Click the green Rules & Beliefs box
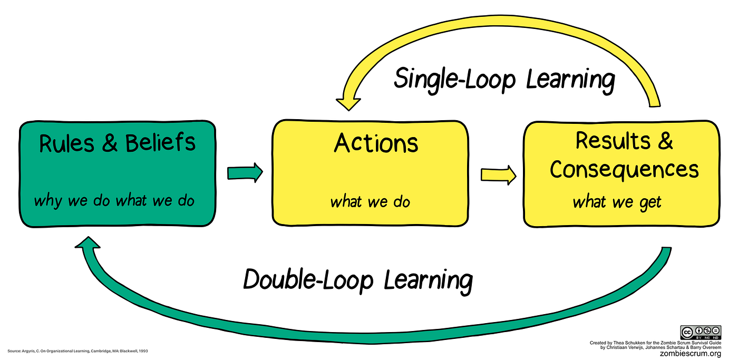pos(117,174)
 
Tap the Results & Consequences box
pos(622,174)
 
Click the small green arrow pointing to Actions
pos(245,172)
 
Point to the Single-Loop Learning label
pos(504,80)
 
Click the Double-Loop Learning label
pos(357,279)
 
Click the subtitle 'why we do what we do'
pos(114,201)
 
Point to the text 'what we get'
pos(617,202)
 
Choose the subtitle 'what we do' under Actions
pos(370,202)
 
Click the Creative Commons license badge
pos(700,333)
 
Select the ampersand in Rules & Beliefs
pos(110,143)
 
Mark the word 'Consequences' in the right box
pos(624,170)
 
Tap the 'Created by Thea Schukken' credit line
pos(655,343)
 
